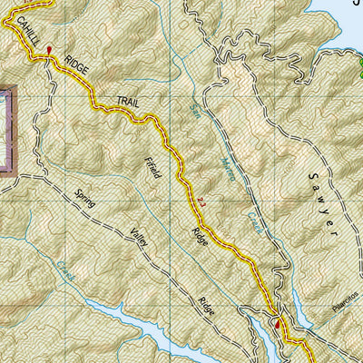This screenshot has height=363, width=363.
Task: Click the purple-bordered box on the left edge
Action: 8,127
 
